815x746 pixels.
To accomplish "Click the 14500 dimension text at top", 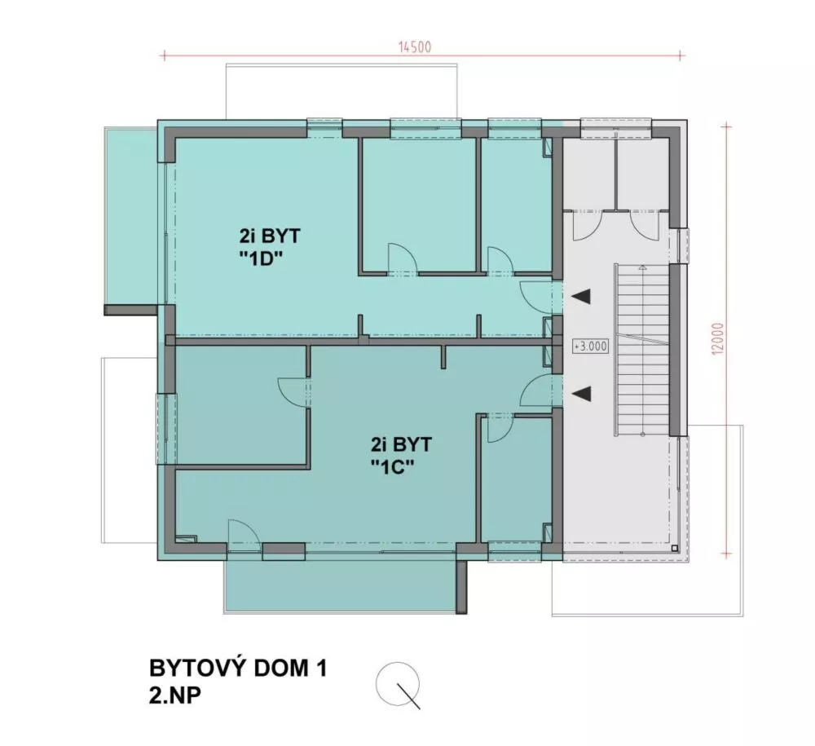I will [414, 46].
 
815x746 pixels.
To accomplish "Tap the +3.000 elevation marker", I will [591, 346].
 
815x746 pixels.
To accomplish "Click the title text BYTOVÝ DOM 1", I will [238, 669].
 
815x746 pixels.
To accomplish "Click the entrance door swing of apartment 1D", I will [535, 295].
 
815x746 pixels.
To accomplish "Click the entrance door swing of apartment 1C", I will [535, 391].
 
